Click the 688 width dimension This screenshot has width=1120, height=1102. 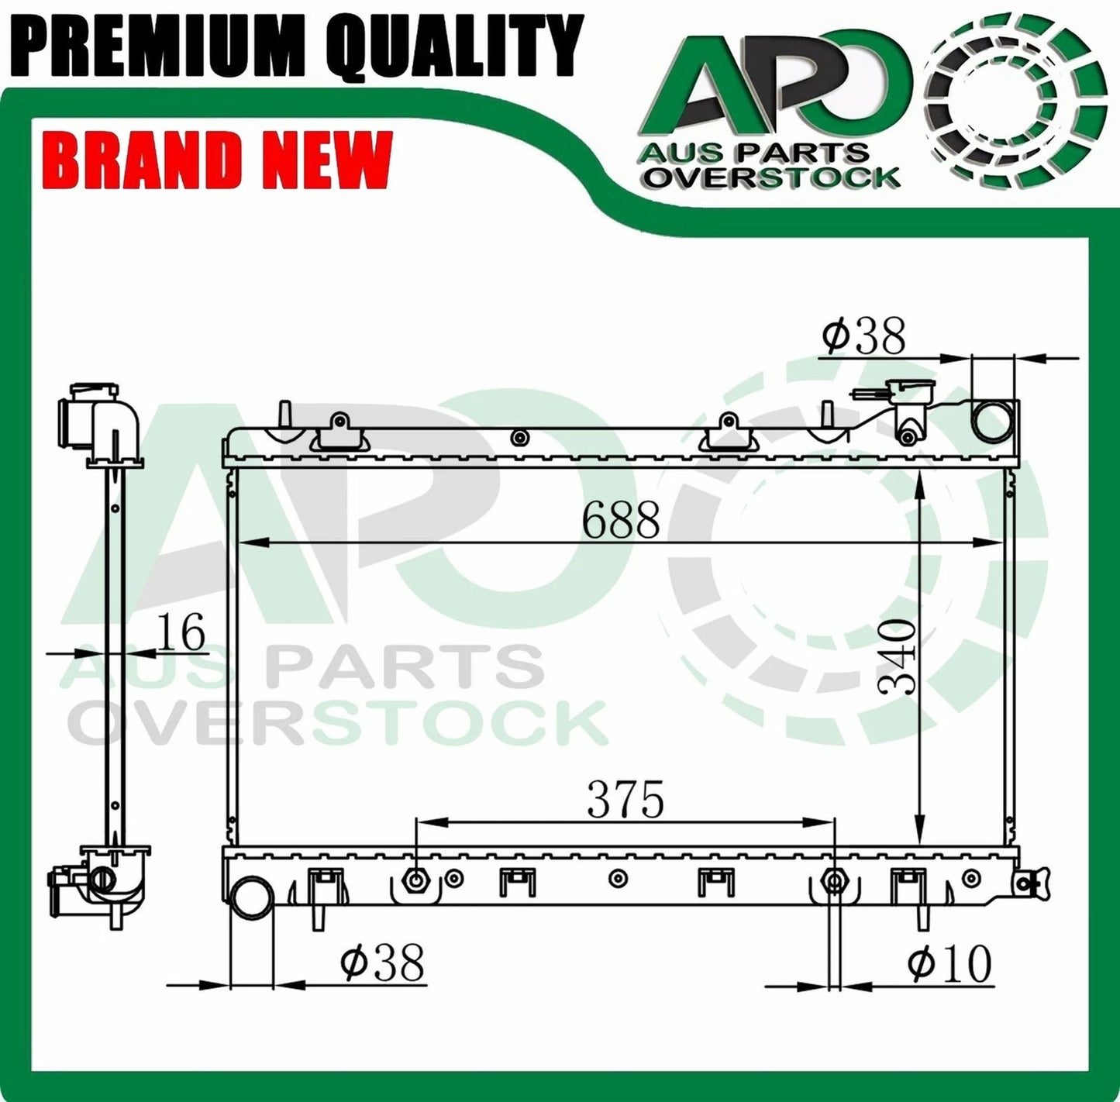(x=621, y=521)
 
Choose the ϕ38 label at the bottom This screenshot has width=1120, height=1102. (x=382, y=963)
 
